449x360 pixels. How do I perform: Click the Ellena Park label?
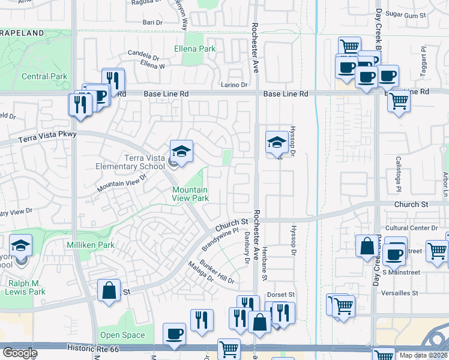pos(194,48)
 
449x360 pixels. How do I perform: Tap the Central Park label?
pos(44,76)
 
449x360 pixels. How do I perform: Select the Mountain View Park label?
pos(190,194)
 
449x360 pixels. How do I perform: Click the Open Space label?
pos(122,335)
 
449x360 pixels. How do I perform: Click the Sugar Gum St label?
pos(405,13)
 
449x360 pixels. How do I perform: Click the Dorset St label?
pos(281,295)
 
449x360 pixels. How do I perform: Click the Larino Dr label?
pos(234,85)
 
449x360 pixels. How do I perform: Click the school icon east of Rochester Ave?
pos(276,142)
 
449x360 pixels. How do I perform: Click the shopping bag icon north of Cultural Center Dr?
pos(367,246)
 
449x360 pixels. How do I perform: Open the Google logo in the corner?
pos(20,353)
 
